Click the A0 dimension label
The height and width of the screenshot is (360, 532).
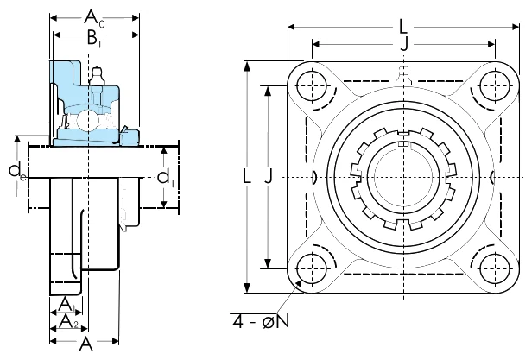tap(94, 18)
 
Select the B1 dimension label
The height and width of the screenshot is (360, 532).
tap(94, 38)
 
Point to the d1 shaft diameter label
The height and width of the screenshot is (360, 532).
tap(166, 178)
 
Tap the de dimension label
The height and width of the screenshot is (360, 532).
tap(17, 171)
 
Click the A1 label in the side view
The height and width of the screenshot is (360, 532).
tap(66, 304)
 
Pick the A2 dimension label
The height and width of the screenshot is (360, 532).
tap(68, 322)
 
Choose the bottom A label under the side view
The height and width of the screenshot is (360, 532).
tap(85, 344)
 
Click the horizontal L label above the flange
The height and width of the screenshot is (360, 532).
tap(402, 27)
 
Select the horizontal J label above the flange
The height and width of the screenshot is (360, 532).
tap(404, 44)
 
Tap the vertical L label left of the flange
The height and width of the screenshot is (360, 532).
tap(247, 176)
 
